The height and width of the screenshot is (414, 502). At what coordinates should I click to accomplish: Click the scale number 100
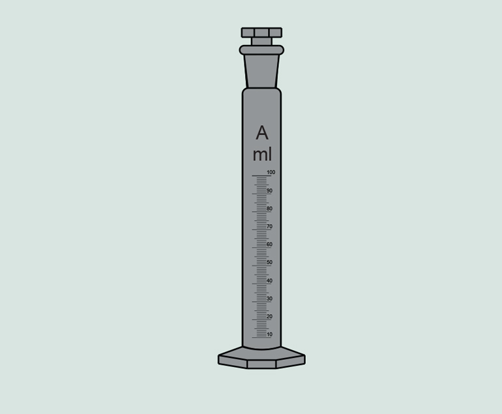tap(271, 172)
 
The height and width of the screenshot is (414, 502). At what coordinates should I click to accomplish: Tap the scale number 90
tap(269, 191)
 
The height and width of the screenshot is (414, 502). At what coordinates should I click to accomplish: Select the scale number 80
tap(269, 209)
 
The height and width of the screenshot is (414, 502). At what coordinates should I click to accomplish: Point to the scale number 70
tap(269, 227)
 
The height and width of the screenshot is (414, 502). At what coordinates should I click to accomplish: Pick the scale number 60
tap(269, 244)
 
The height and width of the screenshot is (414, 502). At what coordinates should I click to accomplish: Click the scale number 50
tap(269, 263)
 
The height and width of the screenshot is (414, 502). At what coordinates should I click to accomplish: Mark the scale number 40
tap(269, 281)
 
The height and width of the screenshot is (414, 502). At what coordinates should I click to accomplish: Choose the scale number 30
tap(269, 299)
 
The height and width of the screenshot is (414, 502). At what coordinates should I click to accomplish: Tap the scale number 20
tap(269, 317)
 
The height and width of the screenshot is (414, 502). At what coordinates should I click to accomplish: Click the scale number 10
tap(269, 334)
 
